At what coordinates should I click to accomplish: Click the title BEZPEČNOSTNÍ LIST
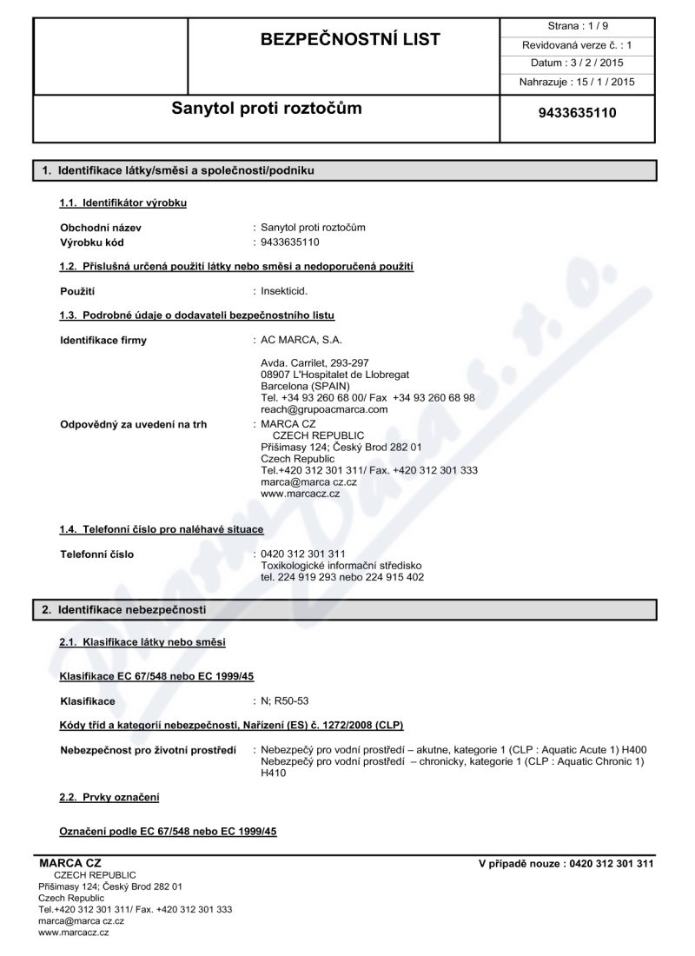point(345,39)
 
